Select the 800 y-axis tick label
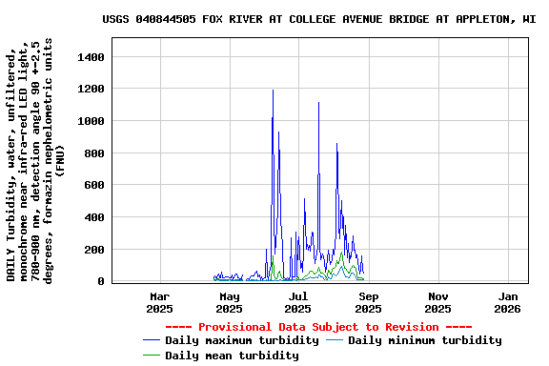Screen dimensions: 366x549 pyautogui.click(x=92, y=153)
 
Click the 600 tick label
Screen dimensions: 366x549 pyautogui.click(x=92, y=186)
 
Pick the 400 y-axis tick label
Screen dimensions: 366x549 pyautogui.click(x=92, y=218)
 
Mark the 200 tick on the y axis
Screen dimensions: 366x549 pyautogui.click(x=92, y=250)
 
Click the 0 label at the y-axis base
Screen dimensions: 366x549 pyautogui.click(x=100, y=282)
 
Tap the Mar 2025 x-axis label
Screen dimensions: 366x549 pyautogui.click(x=159, y=302)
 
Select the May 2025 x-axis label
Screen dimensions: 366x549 pyautogui.click(x=229, y=302)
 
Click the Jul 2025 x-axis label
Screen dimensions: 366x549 pyautogui.click(x=298, y=302)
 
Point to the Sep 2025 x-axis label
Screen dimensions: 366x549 pyautogui.click(x=368, y=302)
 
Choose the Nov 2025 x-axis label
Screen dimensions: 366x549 pyautogui.click(x=437, y=302)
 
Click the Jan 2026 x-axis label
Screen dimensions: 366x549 pyautogui.click(x=507, y=302)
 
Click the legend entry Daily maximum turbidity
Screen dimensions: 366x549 pyautogui.click(x=241, y=340)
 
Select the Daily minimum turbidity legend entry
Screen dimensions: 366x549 pyautogui.click(x=424, y=340)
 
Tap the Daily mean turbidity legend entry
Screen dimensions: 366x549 pyautogui.click(x=232, y=356)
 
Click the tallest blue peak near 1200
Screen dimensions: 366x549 pyautogui.click(x=273, y=91)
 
